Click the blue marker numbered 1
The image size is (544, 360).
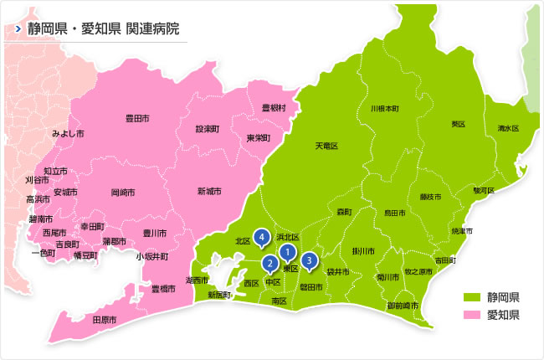(287, 251)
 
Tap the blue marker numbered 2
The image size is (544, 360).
(269, 264)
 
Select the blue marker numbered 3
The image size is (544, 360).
(310, 260)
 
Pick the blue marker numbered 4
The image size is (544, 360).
(262, 238)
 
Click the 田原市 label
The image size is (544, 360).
(104, 320)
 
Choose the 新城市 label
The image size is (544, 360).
(209, 192)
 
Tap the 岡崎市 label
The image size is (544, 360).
(123, 192)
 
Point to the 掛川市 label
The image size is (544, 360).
(362, 250)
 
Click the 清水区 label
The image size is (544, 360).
(508, 128)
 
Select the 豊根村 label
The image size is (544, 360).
(273, 108)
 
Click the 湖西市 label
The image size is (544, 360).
(198, 279)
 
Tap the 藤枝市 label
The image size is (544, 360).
(430, 197)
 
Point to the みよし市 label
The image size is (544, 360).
(68, 133)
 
